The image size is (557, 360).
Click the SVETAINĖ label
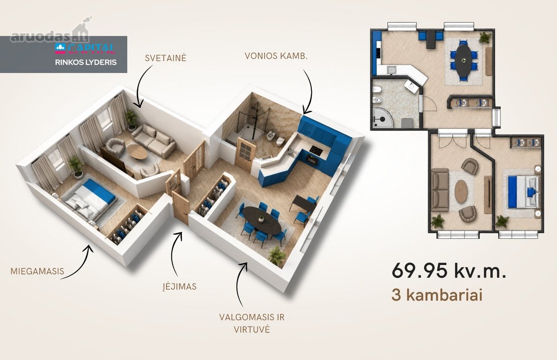click(x=166, y=58)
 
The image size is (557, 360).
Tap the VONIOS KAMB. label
click(x=276, y=56)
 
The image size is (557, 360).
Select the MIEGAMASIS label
click(x=37, y=271)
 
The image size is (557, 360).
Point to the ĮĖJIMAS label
click(x=180, y=286)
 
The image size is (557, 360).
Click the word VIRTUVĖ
click(x=252, y=329)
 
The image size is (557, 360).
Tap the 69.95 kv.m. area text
click(x=449, y=271)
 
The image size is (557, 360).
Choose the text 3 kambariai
click(x=437, y=295)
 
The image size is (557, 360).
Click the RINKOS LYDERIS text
click(x=86, y=62)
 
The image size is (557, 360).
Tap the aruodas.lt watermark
click(x=50, y=37)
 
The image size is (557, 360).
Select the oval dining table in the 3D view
click(x=262, y=221)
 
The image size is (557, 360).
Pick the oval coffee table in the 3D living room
click(x=137, y=151)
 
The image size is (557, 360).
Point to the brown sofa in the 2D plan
click(x=440, y=190)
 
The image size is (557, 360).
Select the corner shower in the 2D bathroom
click(x=383, y=118)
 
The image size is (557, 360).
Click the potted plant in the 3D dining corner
click(x=277, y=256)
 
